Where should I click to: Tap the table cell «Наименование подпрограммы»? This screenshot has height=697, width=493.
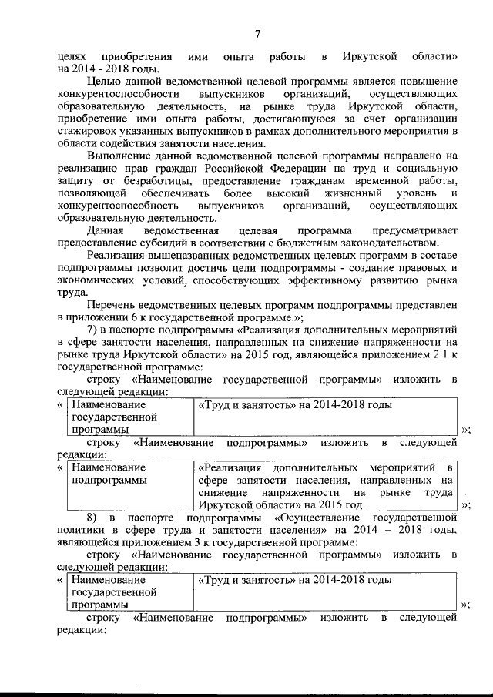[x=108, y=474]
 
